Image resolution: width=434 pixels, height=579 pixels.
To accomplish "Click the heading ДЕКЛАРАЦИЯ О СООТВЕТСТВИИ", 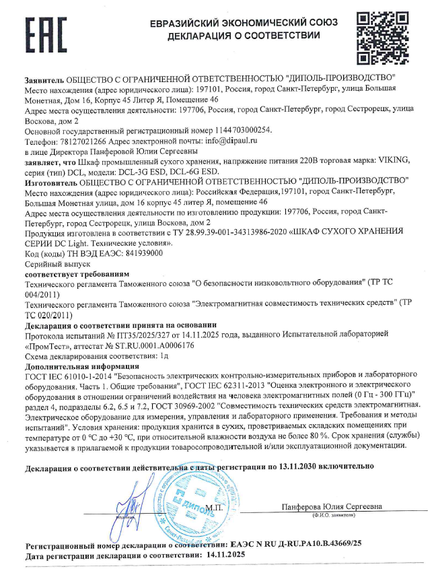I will tap(244, 35).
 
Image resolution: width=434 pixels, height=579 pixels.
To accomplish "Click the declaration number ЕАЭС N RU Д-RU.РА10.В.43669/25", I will tap(296, 543).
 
